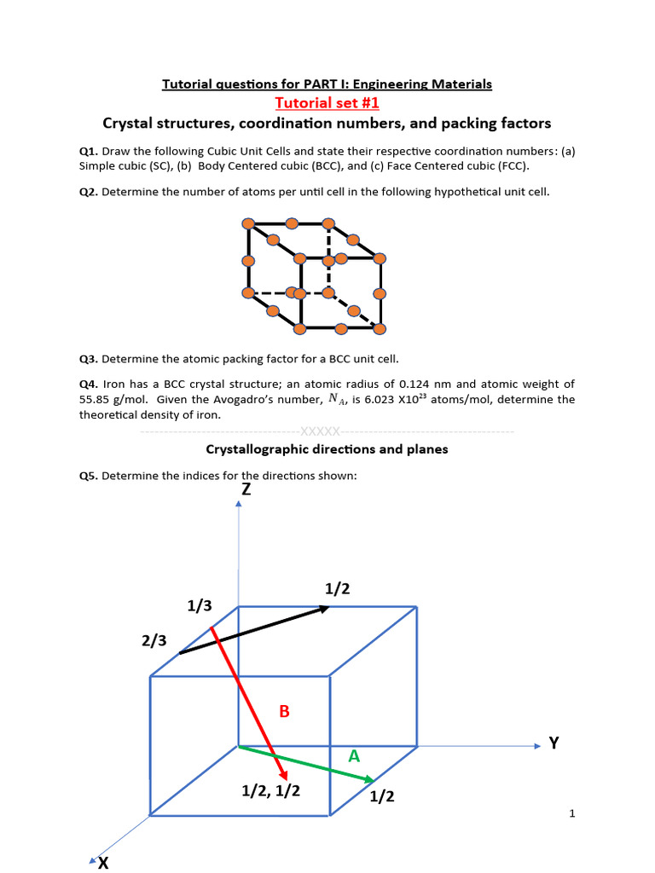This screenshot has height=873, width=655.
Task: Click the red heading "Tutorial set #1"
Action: (x=327, y=103)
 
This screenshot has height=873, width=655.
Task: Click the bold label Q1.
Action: (x=88, y=151)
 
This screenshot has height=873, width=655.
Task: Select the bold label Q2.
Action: (x=88, y=192)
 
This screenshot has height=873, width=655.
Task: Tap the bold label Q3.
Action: (x=88, y=359)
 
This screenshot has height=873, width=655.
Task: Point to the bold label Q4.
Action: (x=88, y=384)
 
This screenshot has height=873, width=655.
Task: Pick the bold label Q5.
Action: (x=88, y=476)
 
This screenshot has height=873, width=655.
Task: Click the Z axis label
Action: (x=246, y=489)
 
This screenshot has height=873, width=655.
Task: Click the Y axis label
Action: (x=554, y=743)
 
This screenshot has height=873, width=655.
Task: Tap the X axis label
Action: (x=103, y=863)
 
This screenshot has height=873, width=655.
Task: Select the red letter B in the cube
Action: (x=285, y=711)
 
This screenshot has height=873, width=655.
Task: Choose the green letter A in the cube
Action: (x=354, y=756)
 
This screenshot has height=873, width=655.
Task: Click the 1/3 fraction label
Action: (x=200, y=605)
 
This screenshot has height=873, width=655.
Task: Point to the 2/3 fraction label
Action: (x=154, y=641)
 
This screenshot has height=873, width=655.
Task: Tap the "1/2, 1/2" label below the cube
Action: (x=270, y=791)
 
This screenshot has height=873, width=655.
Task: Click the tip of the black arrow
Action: (x=329, y=607)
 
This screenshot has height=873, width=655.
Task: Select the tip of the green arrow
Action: (x=374, y=780)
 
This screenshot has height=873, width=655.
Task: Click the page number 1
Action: (x=572, y=813)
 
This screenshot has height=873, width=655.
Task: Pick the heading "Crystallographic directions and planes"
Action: (x=327, y=449)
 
